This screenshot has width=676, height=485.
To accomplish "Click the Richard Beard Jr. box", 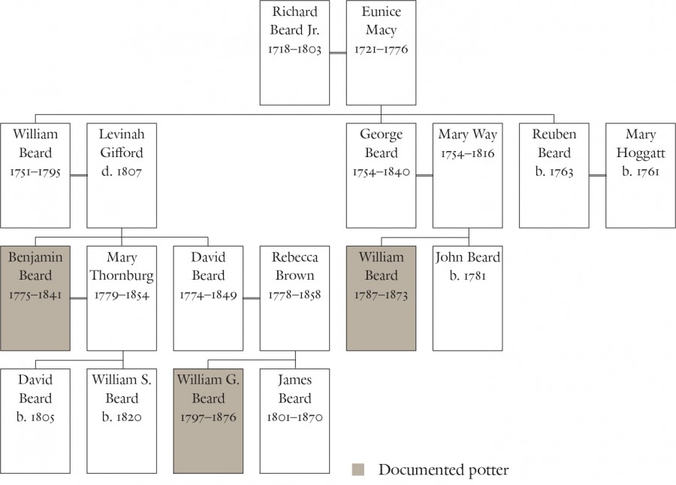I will tap(294, 53).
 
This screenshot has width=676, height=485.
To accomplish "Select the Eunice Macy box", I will tap(381, 53).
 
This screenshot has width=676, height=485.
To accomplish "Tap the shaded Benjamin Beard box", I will tap(35, 298).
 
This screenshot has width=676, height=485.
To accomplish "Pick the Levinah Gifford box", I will tap(122, 175).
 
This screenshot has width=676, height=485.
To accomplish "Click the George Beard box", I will tap(381, 175).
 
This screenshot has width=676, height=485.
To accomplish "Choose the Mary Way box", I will tap(467, 175).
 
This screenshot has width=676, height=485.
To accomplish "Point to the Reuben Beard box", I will tap(554, 175).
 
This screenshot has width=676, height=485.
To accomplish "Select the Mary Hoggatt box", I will tap(641, 175).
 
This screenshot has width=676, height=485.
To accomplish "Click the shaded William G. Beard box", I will tap(208, 420).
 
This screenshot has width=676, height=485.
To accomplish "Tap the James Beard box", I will tap(294, 420).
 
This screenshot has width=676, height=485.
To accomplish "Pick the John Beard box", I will tap(467, 298).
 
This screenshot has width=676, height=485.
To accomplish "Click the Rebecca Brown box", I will tap(294, 298).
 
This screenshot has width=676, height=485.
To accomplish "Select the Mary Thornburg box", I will tap(122, 298).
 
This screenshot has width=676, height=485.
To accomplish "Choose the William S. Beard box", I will tap(122, 420).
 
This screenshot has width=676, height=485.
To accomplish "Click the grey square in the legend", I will tap(358, 470).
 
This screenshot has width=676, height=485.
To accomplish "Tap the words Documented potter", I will tap(443, 470).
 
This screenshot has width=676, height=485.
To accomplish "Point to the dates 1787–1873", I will tap(381, 295).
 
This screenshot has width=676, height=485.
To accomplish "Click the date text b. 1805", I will tap(35, 417).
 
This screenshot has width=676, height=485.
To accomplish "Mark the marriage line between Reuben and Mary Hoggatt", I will tap(597, 175).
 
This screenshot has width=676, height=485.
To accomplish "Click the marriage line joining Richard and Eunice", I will tap(338, 53).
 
